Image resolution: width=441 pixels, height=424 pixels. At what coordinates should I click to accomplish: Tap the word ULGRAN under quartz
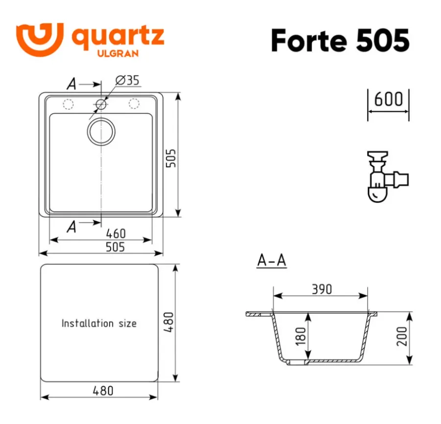118,53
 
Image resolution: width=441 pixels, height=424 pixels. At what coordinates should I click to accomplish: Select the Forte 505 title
341,41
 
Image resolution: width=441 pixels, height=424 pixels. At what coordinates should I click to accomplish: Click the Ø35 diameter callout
127,80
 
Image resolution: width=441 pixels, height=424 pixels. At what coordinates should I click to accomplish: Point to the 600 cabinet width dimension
389,99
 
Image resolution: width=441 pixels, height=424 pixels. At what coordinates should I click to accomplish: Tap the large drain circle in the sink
101,132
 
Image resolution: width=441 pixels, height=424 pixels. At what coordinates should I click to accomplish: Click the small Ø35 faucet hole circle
101,104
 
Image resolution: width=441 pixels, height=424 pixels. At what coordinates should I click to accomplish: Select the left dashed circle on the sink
68,104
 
